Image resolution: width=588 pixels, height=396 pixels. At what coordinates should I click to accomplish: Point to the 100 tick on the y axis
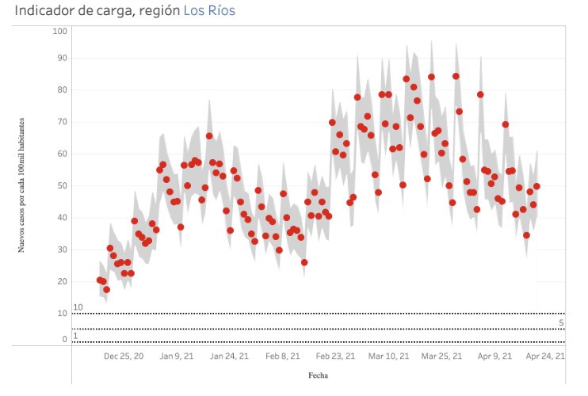[x=59, y=31]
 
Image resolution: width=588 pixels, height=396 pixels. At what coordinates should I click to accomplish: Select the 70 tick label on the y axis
[x=62, y=122]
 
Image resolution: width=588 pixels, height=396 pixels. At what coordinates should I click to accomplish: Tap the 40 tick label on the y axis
[x=62, y=218]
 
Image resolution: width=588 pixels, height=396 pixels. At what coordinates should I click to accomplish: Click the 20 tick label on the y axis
[x=62, y=282]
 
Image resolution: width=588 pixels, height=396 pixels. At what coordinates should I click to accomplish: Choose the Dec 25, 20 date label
[x=123, y=356]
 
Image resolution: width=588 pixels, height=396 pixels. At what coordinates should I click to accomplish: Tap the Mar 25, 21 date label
[x=441, y=356]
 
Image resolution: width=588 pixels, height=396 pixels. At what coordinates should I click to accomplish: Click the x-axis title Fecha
[x=318, y=375]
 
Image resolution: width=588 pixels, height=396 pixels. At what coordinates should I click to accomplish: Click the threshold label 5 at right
[x=561, y=322]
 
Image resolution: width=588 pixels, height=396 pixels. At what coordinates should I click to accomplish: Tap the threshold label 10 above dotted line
[x=78, y=307]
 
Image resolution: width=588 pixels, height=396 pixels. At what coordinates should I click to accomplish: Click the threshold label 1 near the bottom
[x=75, y=336]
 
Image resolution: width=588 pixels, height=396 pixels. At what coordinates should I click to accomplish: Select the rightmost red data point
[x=536, y=187]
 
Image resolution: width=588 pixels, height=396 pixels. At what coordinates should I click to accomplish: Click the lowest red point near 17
[x=106, y=290]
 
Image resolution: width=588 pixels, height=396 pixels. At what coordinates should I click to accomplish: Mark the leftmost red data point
[x=100, y=280]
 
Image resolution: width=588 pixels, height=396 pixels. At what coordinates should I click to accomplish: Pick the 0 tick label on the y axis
[x=65, y=340]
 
